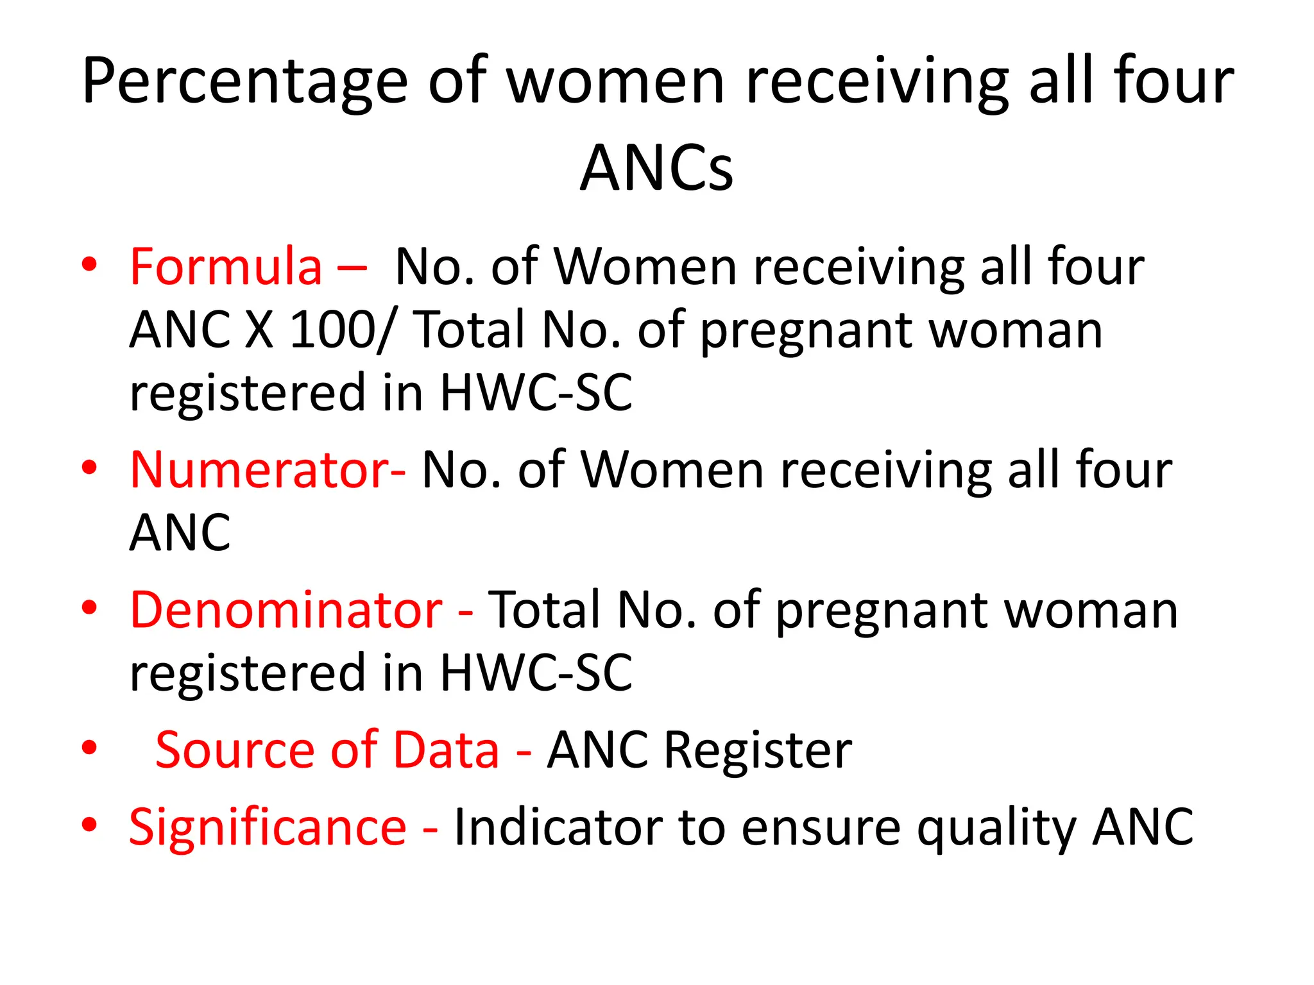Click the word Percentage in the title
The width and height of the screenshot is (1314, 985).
[244, 82]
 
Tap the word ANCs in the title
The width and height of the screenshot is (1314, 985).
[656, 169]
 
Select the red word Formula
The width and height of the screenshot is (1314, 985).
[226, 267]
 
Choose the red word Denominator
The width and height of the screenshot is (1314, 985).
[286, 610]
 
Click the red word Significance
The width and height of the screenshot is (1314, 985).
[268, 827]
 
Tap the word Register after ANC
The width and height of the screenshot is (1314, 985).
[757, 750]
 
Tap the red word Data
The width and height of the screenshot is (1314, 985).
[446, 750]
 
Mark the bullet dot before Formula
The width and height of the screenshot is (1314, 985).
[89, 264]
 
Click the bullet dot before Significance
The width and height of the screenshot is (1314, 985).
[89, 825]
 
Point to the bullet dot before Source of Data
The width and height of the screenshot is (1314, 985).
[89, 748]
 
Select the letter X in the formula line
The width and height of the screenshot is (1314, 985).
[259, 330]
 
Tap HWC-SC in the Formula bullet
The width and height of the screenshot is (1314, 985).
[536, 392]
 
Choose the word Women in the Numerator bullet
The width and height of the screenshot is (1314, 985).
[673, 470]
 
